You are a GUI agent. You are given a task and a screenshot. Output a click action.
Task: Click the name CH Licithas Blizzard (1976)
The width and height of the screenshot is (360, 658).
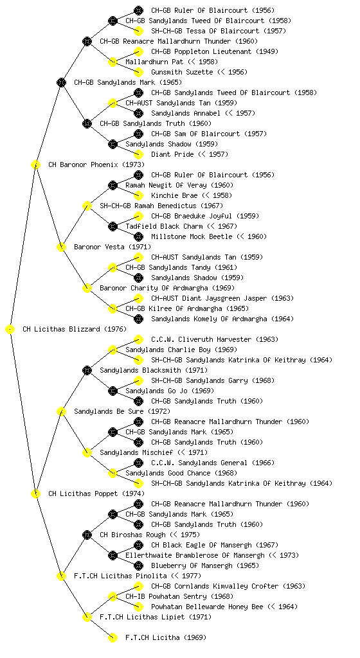click(x=75, y=329)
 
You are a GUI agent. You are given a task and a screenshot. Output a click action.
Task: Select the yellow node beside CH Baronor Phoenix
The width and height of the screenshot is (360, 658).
click(x=35, y=164)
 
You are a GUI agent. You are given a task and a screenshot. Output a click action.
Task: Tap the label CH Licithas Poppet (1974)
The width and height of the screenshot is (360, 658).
click(x=96, y=493)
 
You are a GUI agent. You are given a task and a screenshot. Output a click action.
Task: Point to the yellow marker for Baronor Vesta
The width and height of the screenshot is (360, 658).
click(x=61, y=247)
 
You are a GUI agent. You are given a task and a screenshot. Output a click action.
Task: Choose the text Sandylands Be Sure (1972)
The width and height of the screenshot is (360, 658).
click(x=122, y=411)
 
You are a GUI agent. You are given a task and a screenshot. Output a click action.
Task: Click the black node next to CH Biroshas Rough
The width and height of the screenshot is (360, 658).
click(x=87, y=535)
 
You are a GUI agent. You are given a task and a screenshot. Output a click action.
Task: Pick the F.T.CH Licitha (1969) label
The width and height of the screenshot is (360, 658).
click(x=166, y=637)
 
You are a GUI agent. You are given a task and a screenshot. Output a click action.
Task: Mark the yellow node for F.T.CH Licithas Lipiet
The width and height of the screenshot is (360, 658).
click(x=87, y=617)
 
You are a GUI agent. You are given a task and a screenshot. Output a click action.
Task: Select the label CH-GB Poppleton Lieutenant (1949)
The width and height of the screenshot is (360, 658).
click(x=215, y=51)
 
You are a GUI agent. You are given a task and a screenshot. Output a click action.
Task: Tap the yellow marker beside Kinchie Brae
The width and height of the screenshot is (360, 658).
click(x=138, y=195)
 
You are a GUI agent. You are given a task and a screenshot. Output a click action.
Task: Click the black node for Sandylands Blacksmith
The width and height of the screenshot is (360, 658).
click(x=87, y=370)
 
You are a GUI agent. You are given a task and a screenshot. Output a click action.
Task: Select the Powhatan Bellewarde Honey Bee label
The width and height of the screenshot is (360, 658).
click(x=207, y=607)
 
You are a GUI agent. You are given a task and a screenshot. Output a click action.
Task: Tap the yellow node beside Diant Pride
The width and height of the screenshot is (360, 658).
click(x=138, y=154)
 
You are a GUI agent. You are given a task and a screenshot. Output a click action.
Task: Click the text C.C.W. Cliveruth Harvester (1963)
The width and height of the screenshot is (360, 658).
click(x=215, y=339)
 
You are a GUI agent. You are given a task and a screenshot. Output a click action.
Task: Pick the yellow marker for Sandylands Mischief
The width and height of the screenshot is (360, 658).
click(x=87, y=452)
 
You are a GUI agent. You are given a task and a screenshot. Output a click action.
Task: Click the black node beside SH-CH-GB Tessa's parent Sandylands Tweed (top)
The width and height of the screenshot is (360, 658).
click(x=113, y=21)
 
